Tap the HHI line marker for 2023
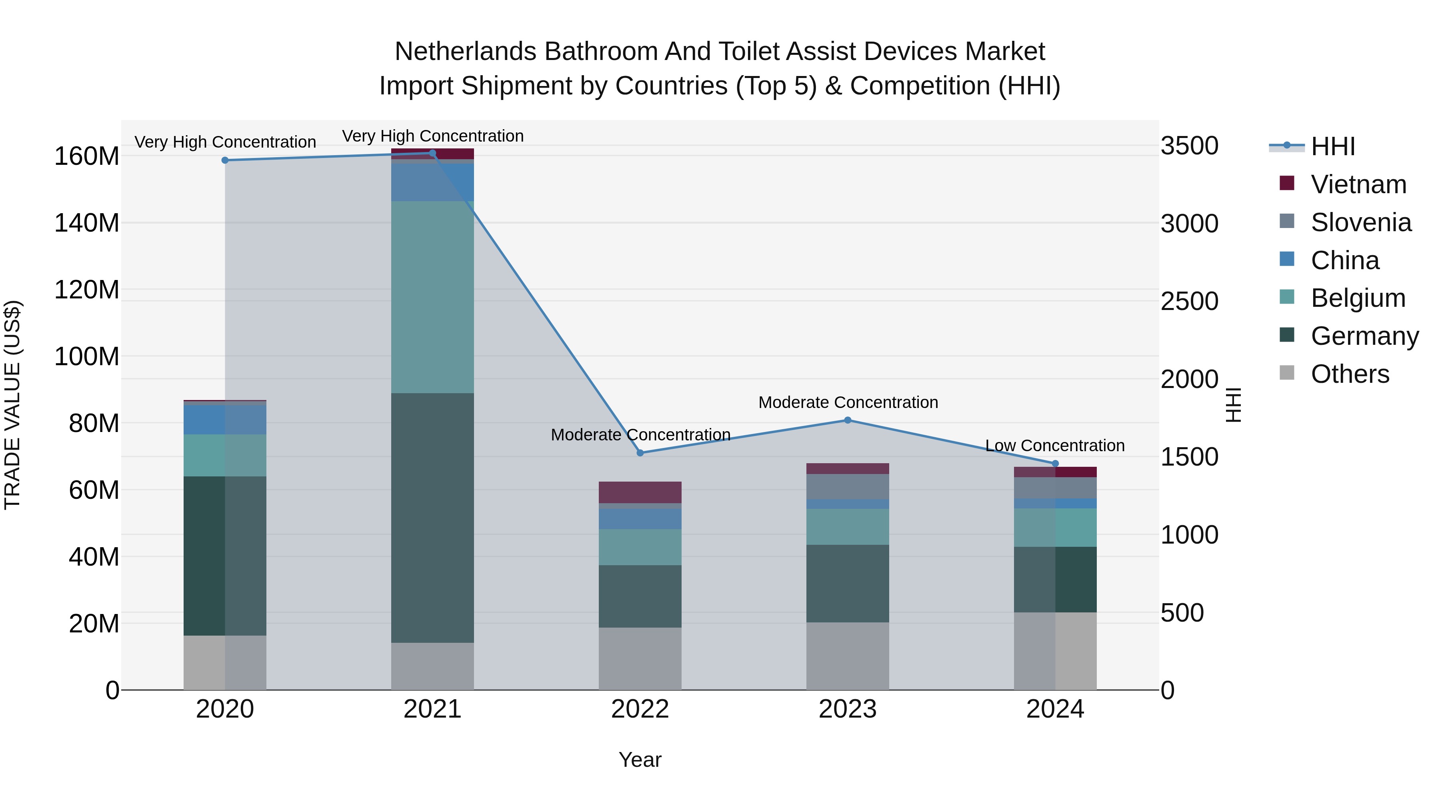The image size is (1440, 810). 848,420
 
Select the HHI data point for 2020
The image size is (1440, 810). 225,160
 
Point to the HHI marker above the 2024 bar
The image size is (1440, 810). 1056,464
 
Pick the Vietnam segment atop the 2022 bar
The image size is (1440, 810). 640,492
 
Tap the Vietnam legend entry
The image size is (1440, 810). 1358,184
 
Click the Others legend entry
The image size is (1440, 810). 1350,374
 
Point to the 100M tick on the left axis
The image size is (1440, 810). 87,357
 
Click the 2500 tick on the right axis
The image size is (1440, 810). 1189,301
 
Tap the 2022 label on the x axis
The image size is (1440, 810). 640,709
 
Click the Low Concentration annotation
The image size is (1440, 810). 1054,446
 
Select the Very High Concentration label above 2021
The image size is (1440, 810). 433,136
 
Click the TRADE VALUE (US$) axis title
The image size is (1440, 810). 12,405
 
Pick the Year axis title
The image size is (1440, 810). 640,760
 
